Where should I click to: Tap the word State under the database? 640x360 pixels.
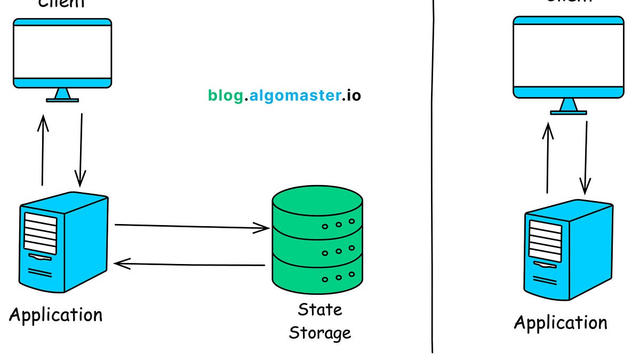(319, 310)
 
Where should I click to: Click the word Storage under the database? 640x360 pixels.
(319, 333)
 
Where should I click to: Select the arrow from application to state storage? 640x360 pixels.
(192, 227)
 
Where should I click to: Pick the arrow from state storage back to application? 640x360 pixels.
(189, 263)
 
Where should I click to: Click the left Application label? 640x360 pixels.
(55, 315)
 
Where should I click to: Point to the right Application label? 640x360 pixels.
(560, 323)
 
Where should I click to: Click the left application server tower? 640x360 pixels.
(64, 243)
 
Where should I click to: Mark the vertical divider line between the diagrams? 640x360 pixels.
(432, 176)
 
